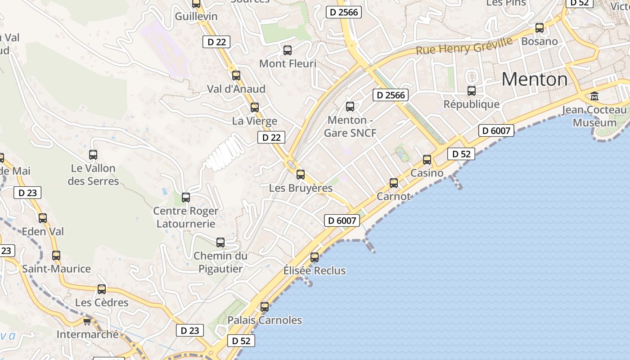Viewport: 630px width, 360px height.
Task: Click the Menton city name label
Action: pyautogui.click(x=535, y=80)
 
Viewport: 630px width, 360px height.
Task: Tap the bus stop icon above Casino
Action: pyautogui.click(x=427, y=159)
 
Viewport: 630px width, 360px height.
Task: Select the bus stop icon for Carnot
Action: pyautogui.click(x=394, y=183)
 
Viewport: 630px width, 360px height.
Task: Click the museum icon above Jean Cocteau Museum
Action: pyautogui.click(x=594, y=96)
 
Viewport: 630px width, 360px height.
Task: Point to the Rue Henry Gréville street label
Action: pyautogui.click(x=464, y=46)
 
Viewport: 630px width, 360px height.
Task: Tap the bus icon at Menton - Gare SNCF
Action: pyautogui.click(x=350, y=107)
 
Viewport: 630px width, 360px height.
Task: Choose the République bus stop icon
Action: pyautogui.click(x=472, y=91)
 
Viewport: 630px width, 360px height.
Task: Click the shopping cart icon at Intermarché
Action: pyautogui.click(x=87, y=321)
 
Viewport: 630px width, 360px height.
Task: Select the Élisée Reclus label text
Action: pyautogui.click(x=315, y=270)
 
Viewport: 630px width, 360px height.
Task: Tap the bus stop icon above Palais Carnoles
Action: pyautogui.click(x=265, y=307)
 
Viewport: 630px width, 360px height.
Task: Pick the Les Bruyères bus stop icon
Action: pyautogui.click(x=301, y=175)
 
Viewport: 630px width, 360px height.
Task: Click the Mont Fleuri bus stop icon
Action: pyautogui.click(x=288, y=50)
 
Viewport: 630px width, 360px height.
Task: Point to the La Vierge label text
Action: pyautogui.click(x=255, y=121)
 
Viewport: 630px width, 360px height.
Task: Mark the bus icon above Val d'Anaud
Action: pyautogui.click(x=236, y=76)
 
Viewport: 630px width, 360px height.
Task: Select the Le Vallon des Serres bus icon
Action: pyautogui.click(x=93, y=155)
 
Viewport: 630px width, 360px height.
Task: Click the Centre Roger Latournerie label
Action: pyautogui.click(x=186, y=217)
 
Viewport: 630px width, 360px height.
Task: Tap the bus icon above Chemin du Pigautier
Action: pyautogui.click(x=220, y=243)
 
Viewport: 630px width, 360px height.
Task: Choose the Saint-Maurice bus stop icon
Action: pyautogui.click(x=56, y=256)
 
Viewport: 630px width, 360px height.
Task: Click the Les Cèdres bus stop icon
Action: pyautogui.click(x=102, y=289)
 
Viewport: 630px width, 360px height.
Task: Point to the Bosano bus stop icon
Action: pyautogui.click(x=540, y=28)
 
